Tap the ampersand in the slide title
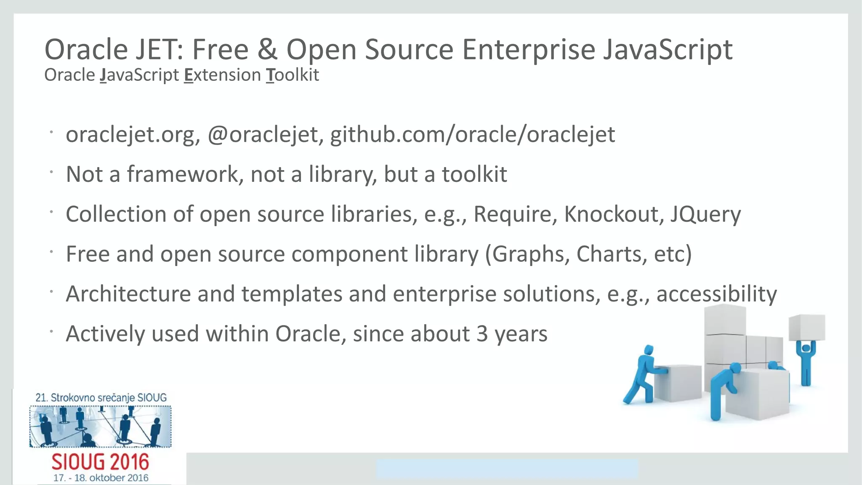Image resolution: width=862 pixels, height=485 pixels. [268, 50]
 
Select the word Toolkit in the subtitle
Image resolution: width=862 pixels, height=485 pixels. [293, 75]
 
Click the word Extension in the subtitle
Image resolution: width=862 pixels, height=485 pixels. [222, 75]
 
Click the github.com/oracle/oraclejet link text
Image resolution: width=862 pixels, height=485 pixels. [472, 135]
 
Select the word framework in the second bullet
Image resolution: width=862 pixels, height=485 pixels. [183, 174]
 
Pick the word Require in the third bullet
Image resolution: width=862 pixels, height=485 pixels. [512, 214]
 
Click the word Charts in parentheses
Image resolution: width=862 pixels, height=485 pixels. [612, 254]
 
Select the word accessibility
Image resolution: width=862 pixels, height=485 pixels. [716, 294]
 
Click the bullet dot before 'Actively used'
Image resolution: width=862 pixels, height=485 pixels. [51, 332]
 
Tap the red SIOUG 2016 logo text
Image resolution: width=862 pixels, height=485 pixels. [100, 462]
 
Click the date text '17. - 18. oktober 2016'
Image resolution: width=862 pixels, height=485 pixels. [101, 478]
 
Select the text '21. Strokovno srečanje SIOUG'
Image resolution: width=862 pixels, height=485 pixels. [101, 397]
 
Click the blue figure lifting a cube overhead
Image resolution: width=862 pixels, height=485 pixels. [806, 362]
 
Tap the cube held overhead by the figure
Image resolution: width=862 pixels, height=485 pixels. [806, 328]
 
